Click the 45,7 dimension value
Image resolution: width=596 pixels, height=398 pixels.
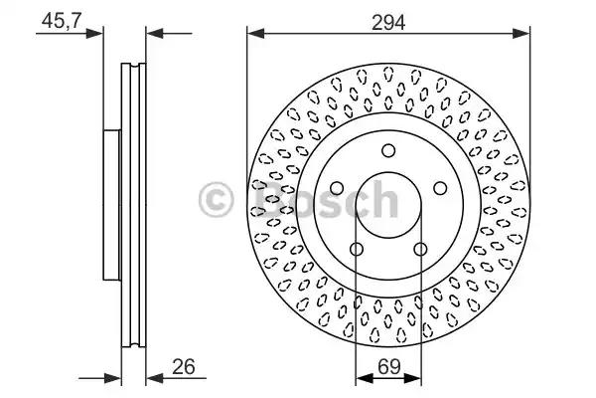tap(62, 20)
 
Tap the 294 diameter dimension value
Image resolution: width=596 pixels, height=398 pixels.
tap(388, 23)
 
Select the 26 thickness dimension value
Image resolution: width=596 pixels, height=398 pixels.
tap(183, 367)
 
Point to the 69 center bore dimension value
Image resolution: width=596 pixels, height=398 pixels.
tap(389, 367)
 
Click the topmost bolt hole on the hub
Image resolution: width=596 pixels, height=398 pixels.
tap(388, 150)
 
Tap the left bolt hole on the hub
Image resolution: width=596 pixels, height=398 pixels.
tap(337, 188)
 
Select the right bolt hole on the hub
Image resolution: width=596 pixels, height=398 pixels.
tap(440, 188)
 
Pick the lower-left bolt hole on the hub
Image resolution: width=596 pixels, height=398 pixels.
tap(357, 250)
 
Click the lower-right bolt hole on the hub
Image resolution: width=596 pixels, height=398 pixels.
tap(420, 250)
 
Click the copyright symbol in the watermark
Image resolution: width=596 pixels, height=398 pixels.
tap(216, 200)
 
